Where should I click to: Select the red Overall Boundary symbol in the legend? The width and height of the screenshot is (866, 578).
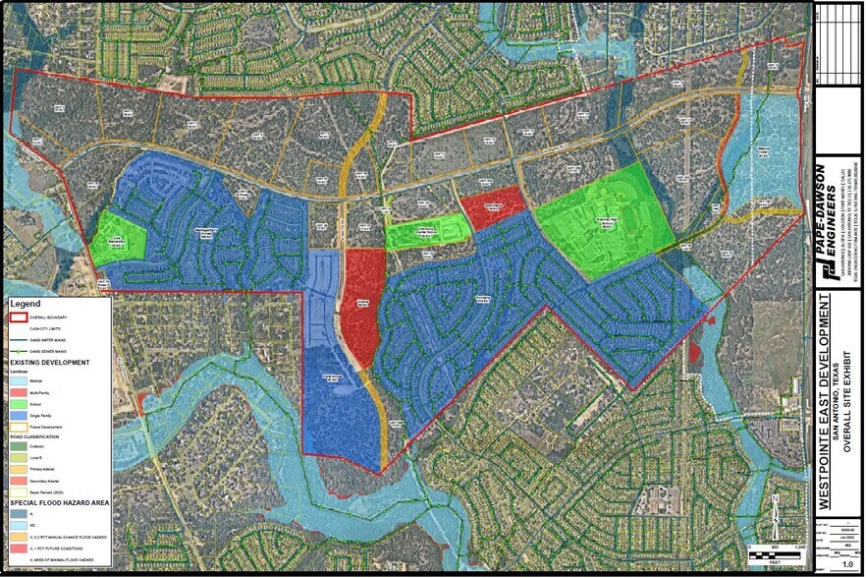[x=20, y=318]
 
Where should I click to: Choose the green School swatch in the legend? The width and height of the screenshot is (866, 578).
[x=20, y=404]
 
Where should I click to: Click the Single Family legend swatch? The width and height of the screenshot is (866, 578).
[x=20, y=415]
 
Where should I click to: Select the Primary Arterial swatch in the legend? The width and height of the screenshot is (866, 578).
[x=20, y=470]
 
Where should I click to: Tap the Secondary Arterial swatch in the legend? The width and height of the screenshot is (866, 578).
[x=20, y=481]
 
